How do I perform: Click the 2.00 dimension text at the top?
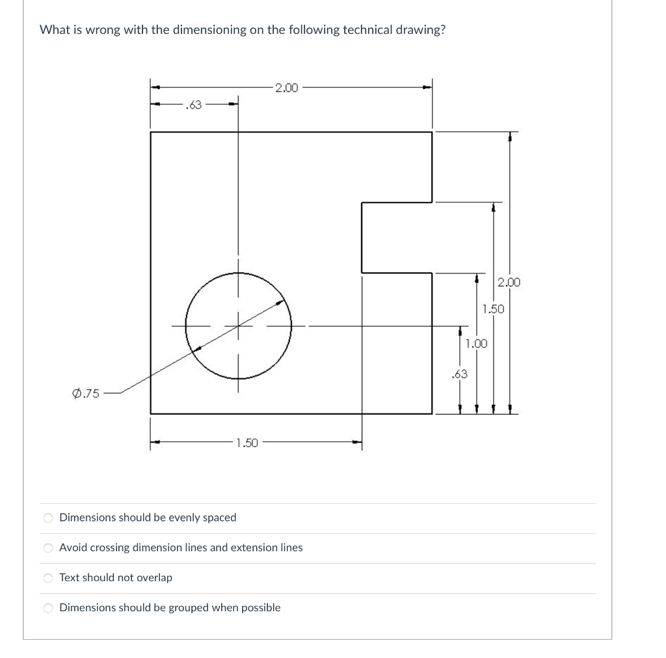coord(286,87)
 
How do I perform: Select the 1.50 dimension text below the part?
coord(247,443)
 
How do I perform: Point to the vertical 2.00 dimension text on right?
coord(509,282)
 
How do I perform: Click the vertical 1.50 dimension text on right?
coord(493,308)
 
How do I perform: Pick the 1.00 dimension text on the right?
coord(476,343)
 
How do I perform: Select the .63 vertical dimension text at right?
coord(459,374)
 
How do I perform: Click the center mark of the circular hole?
coord(238,325)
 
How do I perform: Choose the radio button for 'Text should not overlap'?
coord(47,578)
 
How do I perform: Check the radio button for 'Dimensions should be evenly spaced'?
coord(47,518)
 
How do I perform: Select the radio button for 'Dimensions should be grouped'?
coord(47,608)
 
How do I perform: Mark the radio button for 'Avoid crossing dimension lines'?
coord(47,548)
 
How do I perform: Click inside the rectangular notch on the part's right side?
coord(397,237)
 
